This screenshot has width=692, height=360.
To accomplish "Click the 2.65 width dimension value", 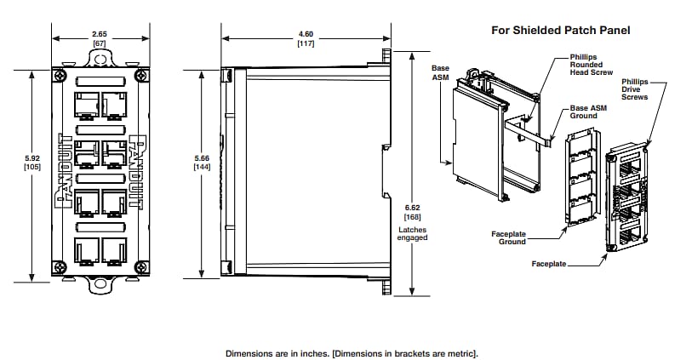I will [99, 33].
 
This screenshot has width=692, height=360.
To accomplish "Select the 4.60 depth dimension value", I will [306, 33].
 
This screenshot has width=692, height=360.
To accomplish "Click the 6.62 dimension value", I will [412, 207].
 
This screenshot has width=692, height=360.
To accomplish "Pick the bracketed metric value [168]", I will [412, 217].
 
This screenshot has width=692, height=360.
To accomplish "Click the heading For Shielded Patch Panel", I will [560, 30].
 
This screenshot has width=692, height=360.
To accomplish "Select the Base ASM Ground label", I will [588, 112].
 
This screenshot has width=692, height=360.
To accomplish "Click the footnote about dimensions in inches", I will [352, 352].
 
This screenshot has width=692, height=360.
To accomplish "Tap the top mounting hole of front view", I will [100, 60].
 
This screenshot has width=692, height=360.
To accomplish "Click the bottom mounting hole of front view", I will [100, 282].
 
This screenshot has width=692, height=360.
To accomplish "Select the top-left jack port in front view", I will [86, 106].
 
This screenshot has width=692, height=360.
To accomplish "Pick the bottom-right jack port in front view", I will [114, 249].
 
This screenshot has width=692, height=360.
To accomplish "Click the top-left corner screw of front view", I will [58, 76].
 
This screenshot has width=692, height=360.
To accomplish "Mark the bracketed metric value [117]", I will [306, 43].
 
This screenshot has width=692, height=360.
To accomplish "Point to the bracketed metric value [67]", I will [99, 43].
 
